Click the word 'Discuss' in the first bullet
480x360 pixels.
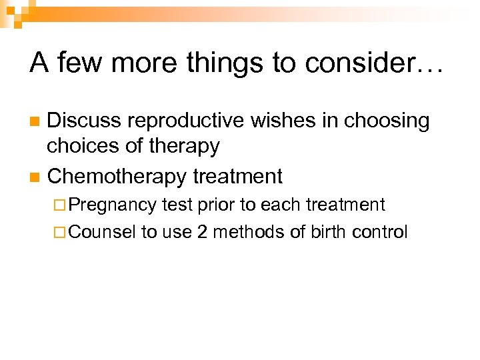[84, 121]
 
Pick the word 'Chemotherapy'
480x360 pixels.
[117, 177]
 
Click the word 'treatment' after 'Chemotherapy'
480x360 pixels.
[237, 177]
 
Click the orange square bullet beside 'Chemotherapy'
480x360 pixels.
[35, 177]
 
